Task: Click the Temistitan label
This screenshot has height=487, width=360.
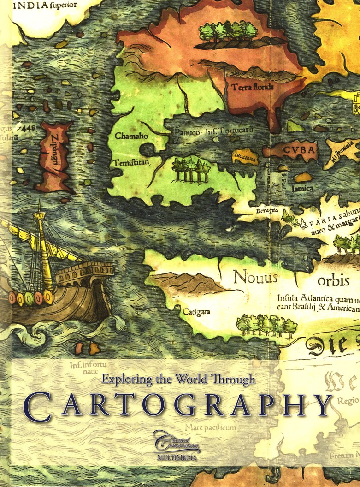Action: click(x=130, y=162)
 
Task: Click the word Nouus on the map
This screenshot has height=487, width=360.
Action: click(x=255, y=278)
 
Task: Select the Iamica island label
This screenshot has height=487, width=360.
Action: click(x=302, y=188)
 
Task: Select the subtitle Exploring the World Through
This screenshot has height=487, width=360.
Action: click(x=178, y=380)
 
